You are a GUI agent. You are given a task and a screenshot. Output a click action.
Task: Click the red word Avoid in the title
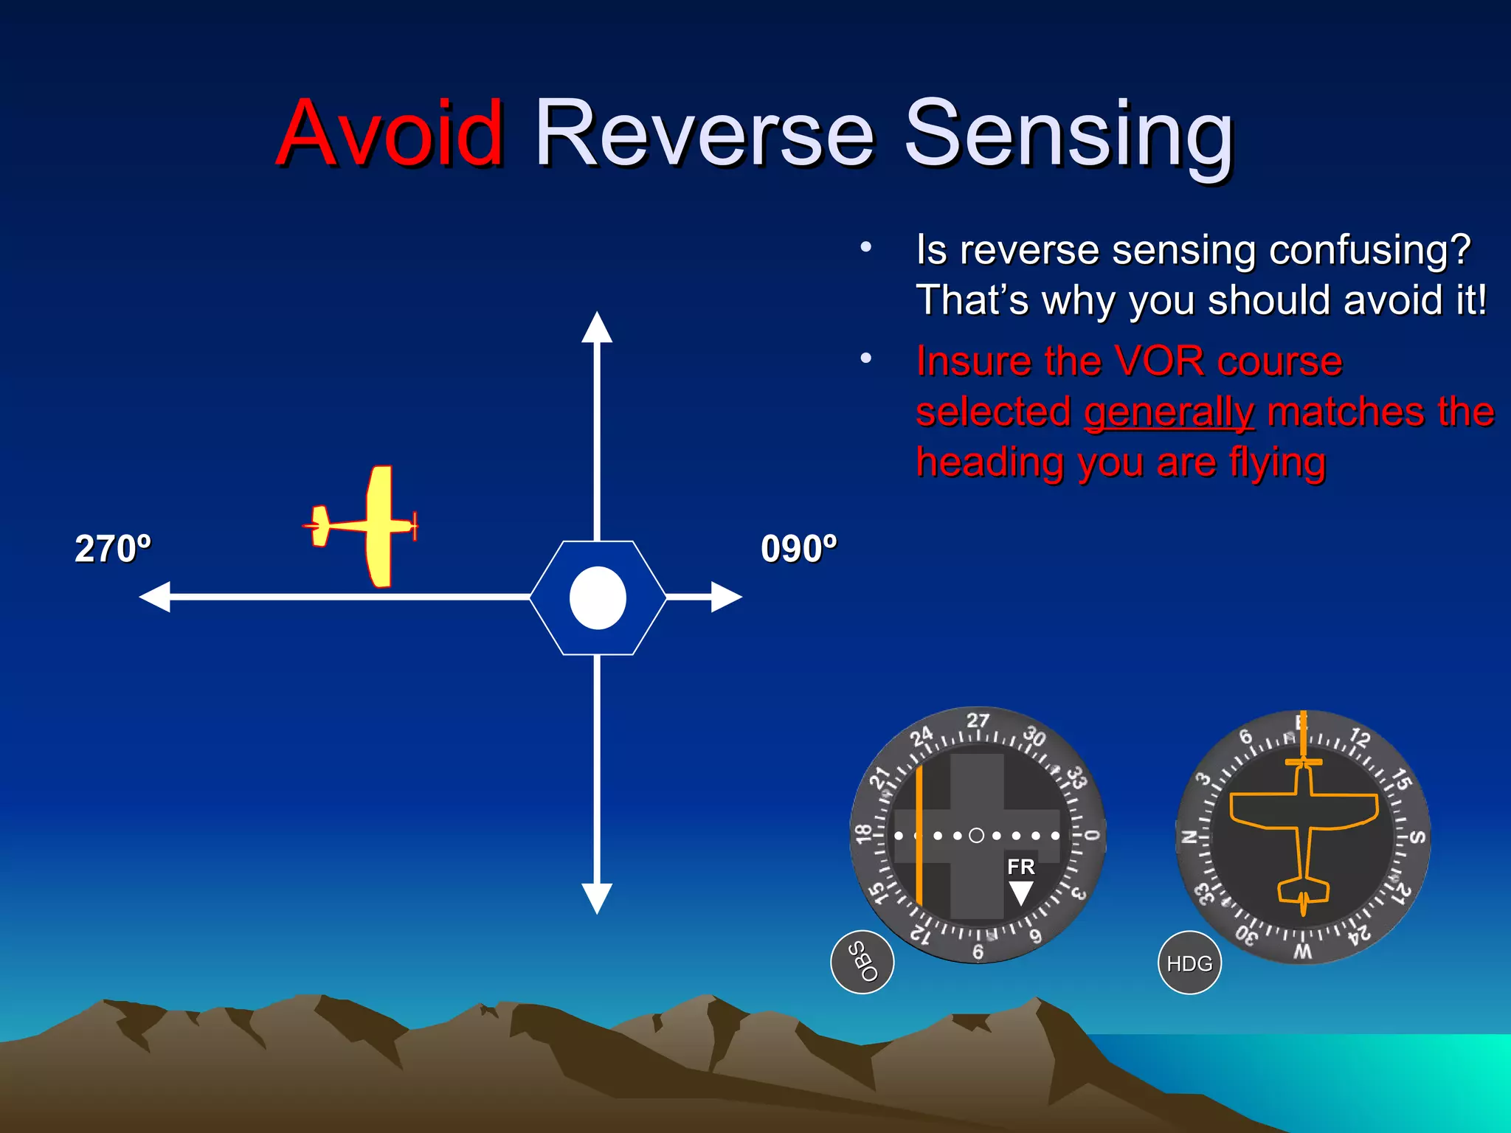(391, 134)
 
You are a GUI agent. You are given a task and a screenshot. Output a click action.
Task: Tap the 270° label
(113, 549)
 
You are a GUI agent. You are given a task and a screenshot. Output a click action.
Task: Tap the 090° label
(799, 549)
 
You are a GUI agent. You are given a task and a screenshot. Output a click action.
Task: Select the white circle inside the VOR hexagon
(598, 598)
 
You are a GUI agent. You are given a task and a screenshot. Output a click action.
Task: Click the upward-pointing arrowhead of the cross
(597, 328)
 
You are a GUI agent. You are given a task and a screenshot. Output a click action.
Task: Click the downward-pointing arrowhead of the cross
(597, 898)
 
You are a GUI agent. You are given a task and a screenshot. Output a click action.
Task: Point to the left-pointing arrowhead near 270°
(156, 597)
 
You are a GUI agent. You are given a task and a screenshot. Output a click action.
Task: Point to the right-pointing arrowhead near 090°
(726, 597)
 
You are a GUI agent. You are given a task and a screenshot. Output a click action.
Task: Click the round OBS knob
(862, 962)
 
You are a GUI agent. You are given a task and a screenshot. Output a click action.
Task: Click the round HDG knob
(1189, 963)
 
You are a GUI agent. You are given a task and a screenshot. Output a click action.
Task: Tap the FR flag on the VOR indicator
(1021, 867)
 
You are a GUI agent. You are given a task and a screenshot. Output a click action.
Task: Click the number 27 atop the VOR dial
(978, 720)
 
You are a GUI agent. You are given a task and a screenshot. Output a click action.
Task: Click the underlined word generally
(1169, 412)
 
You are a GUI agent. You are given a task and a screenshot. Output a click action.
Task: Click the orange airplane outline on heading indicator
(1304, 826)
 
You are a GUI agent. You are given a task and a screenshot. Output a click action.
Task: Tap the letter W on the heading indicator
(1303, 952)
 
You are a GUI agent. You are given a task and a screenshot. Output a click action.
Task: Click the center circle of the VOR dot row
(976, 836)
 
